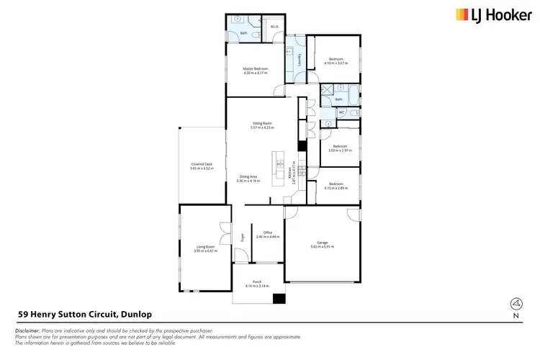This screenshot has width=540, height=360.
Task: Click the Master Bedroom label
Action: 256,68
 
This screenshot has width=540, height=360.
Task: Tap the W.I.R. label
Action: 274,27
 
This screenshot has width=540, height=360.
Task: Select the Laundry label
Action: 299,60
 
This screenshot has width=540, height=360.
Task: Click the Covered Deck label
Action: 202,164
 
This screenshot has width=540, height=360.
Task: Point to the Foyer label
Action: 243,236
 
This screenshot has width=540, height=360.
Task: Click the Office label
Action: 267,232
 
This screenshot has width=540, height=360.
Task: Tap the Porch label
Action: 256,282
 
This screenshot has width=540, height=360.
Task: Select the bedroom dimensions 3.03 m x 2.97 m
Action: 339,150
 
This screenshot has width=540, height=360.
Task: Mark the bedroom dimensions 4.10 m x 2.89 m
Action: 338,189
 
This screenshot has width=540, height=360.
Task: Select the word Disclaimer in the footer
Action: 28,329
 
